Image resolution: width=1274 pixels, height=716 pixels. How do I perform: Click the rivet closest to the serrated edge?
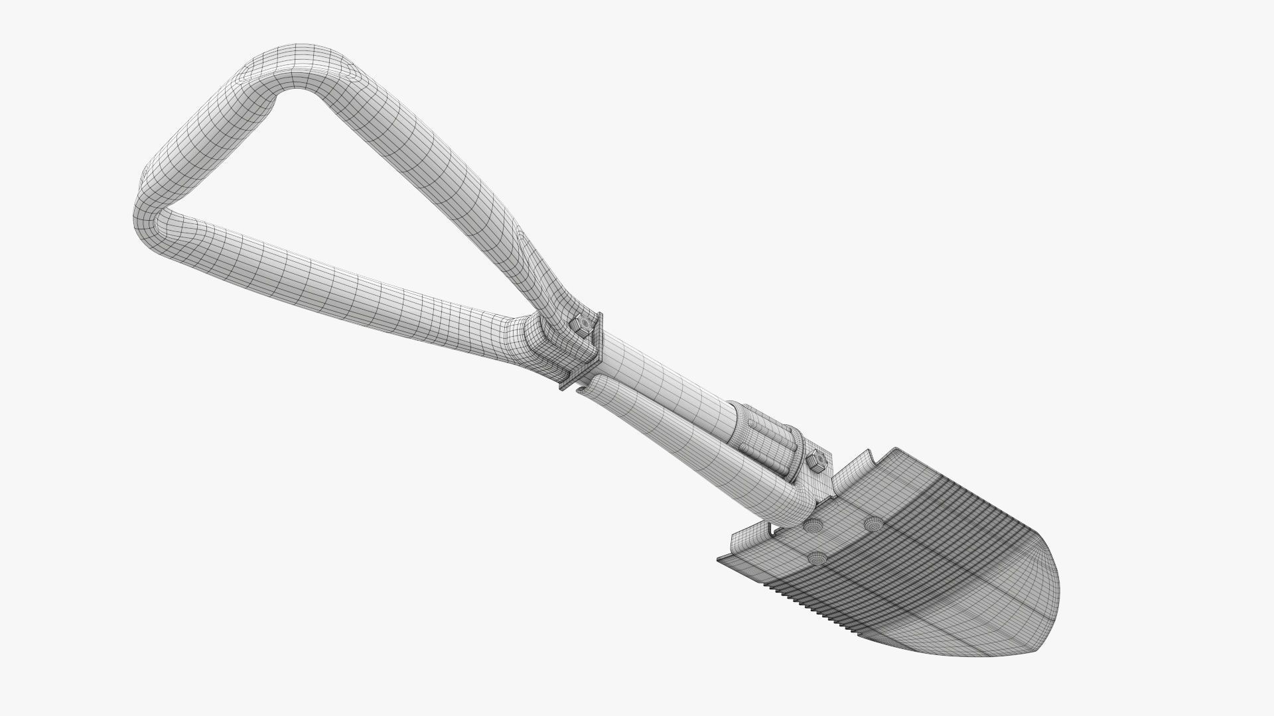(x=815, y=558)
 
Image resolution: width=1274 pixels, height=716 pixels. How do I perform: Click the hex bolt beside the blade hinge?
(x=817, y=461)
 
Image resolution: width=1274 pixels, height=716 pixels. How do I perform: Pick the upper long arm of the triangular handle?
(x=431, y=172)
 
